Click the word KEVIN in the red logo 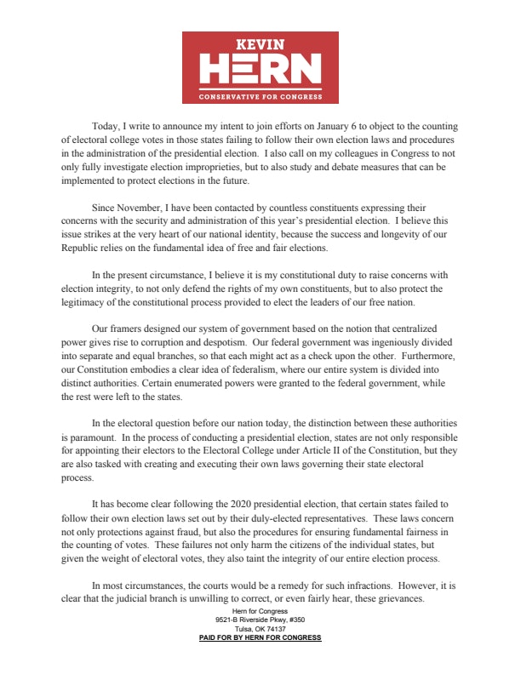(260, 43)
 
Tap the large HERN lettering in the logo (260, 69)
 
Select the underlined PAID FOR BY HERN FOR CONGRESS (260, 638)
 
